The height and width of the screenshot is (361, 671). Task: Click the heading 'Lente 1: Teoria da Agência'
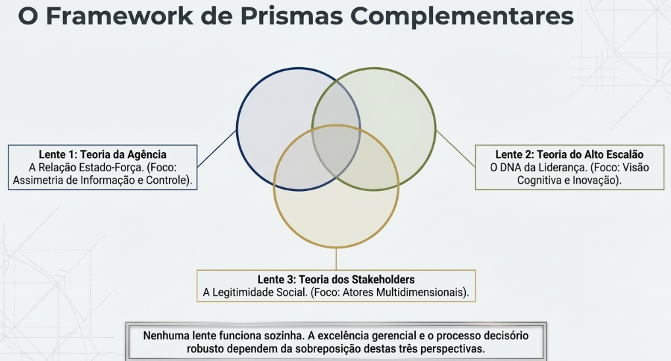pos(103,154)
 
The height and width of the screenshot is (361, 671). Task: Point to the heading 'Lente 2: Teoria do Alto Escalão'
pos(570,154)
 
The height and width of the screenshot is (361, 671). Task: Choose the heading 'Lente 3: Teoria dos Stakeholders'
pos(336,279)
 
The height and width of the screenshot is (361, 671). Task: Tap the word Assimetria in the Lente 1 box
pos(35,180)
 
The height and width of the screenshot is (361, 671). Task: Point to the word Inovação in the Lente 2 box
pos(598,180)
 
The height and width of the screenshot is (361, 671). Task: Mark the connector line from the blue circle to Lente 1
pos(217,148)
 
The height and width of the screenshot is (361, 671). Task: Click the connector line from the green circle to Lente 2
pos(455,148)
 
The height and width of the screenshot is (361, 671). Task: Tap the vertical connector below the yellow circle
pos(336,258)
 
